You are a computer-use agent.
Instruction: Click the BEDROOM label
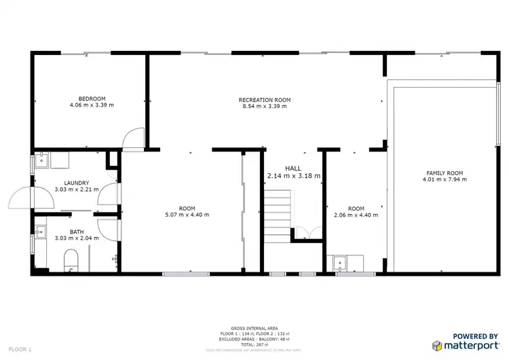pos(92,98)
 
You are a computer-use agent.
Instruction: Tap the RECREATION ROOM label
pos(266,100)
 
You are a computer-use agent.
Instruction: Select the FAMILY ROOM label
pos(442,173)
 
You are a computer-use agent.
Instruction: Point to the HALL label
pos(293,168)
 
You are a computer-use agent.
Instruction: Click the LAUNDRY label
pos(77,183)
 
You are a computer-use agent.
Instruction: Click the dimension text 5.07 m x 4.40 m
pos(187,215)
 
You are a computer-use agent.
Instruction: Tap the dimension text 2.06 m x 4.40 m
pos(356,215)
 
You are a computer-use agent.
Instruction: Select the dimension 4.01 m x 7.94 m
pos(442,180)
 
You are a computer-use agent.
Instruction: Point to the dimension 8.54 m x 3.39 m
pos(266,107)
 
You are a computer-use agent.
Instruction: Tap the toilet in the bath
pos(70,260)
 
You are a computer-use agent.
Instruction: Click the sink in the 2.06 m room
pos(339,262)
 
